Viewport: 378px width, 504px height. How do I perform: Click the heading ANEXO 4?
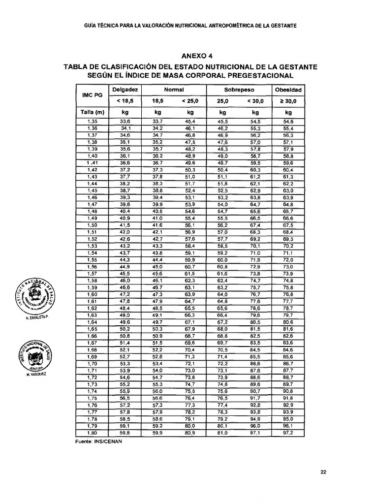tap(189, 56)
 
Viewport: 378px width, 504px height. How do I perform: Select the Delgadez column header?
tap(125, 90)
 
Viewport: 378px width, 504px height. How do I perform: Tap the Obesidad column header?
tap(288, 90)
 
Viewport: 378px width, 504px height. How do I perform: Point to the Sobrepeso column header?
tap(239, 90)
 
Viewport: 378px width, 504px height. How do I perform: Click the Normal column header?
tap(174, 90)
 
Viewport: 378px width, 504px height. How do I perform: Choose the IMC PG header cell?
tap(92, 95)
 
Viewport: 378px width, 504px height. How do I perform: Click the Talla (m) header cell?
tap(92, 112)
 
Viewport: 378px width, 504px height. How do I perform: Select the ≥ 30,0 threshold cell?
tap(288, 101)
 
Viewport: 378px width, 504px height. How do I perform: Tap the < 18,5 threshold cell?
tap(125, 101)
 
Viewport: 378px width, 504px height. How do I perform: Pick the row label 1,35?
tap(92, 122)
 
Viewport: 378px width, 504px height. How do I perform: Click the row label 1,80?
tap(92, 433)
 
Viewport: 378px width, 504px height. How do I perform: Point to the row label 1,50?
tap(92, 225)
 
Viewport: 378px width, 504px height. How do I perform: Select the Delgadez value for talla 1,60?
tap(125, 294)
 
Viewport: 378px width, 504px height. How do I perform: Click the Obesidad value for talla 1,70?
tap(288, 364)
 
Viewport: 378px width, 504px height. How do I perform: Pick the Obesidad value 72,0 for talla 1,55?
tap(288, 260)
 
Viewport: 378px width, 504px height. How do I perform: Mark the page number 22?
tap(323, 472)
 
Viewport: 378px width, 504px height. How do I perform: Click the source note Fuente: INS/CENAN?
tap(98, 441)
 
